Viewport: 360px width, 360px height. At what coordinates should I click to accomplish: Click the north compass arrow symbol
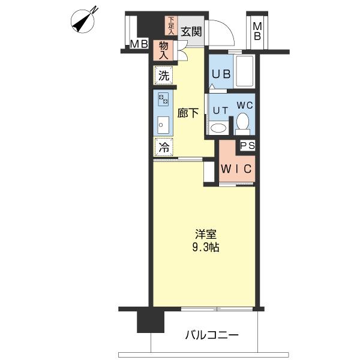pyautogui.click(x=84, y=19)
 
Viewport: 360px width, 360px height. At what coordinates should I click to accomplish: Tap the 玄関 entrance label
pyautogui.click(x=191, y=32)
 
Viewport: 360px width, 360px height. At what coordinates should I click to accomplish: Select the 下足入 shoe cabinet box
pyautogui.click(x=171, y=25)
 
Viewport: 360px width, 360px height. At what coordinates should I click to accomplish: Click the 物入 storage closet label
pyautogui.click(x=163, y=49)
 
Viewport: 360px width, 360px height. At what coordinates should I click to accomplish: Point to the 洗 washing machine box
pyautogui.click(x=164, y=76)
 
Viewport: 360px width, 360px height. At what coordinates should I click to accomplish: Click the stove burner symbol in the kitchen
pyautogui.click(x=163, y=99)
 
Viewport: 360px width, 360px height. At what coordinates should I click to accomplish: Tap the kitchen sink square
pyautogui.click(x=163, y=124)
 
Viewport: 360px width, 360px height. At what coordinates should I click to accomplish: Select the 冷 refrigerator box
pyautogui.click(x=163, y=146)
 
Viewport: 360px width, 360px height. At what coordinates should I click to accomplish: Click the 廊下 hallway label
pyautogui.click(x=188, y=113)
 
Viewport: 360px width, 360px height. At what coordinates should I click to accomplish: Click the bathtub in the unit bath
pyautogui.click(x=244, y=71)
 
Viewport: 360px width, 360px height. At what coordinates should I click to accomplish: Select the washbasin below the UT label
pyautogui.click(x=218, y=127)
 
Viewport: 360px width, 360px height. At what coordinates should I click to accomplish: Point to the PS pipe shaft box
pyautogui.click(x=247, y=146)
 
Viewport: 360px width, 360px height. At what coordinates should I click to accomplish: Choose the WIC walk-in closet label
pyautogui.click(x=237, y=169)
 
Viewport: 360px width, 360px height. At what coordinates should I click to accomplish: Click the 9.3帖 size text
pyautogui.click(x=206, y=246)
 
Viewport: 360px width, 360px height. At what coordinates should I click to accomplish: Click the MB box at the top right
pyautogui.click(x=257, y=31)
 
